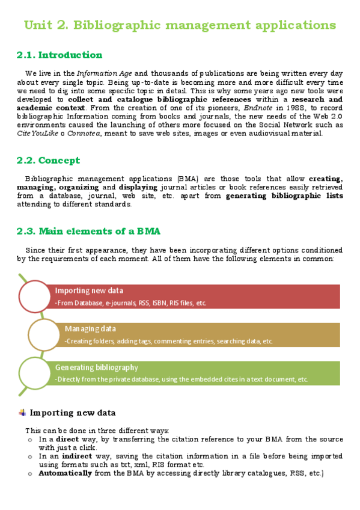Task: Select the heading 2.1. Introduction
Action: [x=59, y=55]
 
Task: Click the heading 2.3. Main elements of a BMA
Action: [x=88, y=230]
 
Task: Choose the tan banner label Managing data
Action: [x=90, y=329]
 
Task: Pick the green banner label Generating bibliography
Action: [x=97, y=367]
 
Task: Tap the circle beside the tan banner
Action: [x=44, y=333]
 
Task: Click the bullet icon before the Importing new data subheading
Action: [x=22, y=413]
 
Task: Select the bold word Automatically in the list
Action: [x=65, y=473]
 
